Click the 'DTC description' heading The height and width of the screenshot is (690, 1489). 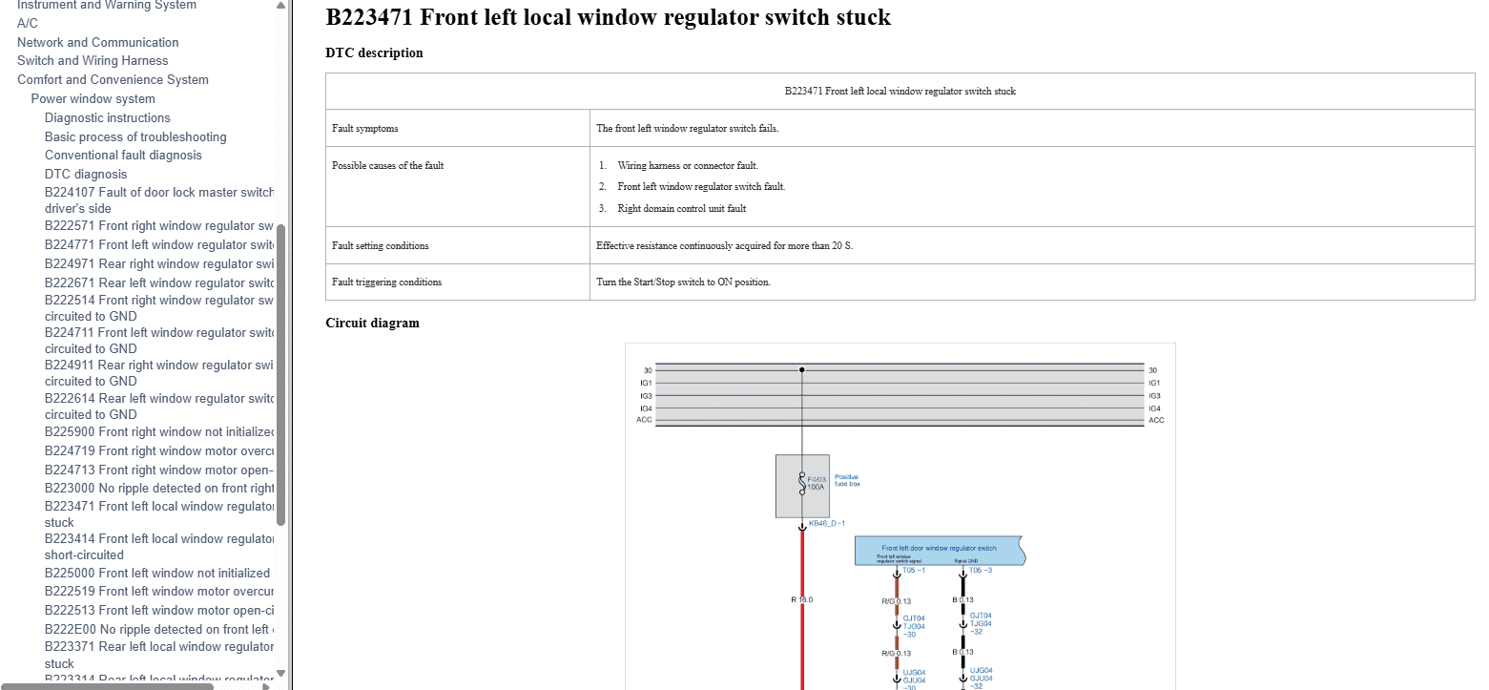[x=374, y=53]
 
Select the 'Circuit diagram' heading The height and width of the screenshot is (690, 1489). [x=372, y=323]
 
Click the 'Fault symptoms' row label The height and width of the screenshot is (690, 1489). [x=365, y=128]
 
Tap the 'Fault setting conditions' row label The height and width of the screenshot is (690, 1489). [x=380, y=245]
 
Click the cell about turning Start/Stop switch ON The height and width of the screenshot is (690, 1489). [x=683, y=282]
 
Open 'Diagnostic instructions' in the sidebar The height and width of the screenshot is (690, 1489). [x=108, y=117]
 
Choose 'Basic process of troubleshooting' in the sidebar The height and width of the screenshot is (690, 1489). [x=135, y=136]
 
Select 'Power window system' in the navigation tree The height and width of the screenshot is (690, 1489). [x=93, y=98]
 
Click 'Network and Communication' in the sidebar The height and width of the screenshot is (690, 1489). [x=97, y=42]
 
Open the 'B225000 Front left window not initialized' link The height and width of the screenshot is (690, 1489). [x=157, y=573]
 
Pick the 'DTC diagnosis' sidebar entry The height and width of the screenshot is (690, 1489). [x=86, y=174]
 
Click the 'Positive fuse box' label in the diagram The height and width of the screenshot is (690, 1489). [x=846, y=480]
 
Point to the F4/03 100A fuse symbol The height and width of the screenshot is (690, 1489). [x=802, y=485]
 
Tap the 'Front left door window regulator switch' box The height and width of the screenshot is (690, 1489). [x=939, y=549]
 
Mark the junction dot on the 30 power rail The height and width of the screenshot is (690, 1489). [x=801, y=369]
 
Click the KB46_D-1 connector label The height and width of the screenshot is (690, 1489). [x=826, y=523]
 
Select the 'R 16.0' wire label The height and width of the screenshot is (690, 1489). [x=801, y=599]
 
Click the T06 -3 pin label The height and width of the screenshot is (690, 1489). [x=980, y=571]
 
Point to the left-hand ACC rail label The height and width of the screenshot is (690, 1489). [x=644, y=420]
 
